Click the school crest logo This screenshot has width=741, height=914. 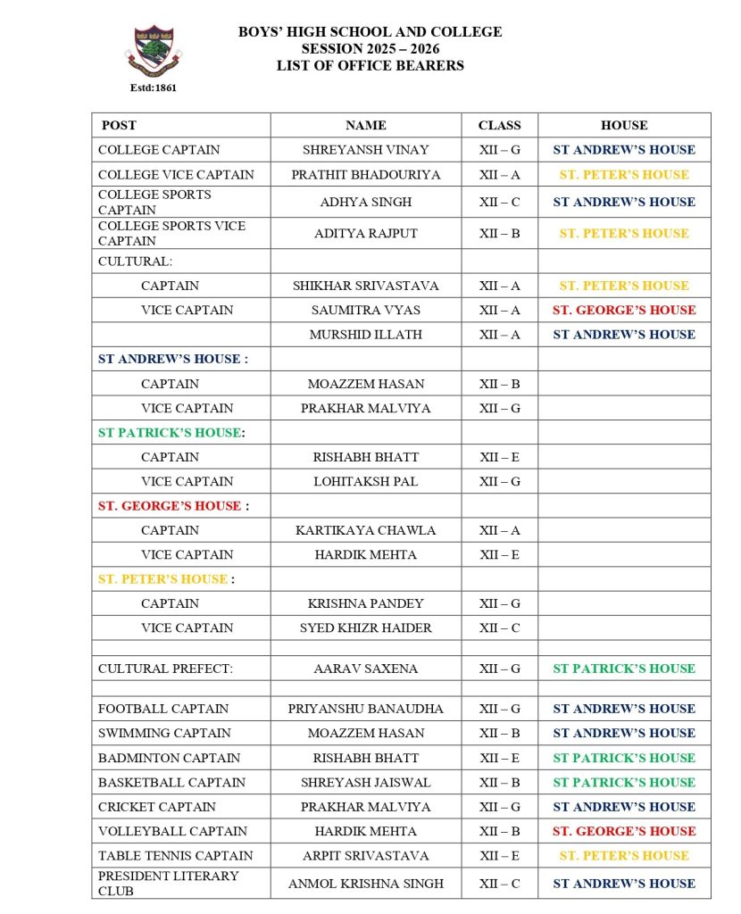click(x=153, y=51)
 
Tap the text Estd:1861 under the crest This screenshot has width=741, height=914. click(x=153, y=87)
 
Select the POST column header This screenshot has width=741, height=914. click(x=119, y=125)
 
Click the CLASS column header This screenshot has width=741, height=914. click(x=499, y=125)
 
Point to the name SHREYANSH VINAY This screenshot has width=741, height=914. click(x=365, y=150)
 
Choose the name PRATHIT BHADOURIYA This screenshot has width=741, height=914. click(x=365, y=175)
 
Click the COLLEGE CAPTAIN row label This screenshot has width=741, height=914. click(x=159, y=150)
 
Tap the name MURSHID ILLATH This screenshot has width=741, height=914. click(x=365, y=335)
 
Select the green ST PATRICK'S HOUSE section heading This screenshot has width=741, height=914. click(x=170, y=433)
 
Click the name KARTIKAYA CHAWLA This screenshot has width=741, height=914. click(x=365, y=530)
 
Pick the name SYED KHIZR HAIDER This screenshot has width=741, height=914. click(x=365, y=627)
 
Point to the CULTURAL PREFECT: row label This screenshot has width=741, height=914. click(x=165, y=669)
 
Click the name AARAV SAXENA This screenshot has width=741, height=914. click(x=365, y=669)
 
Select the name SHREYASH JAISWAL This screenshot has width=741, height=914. click(x=365, y=782)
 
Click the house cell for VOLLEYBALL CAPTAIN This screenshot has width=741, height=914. click(x=623, y=831)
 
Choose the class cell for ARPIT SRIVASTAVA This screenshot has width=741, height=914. click(x=499, y=855)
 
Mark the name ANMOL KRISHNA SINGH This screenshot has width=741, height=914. click(x=365, y=884)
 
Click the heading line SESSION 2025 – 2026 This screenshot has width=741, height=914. click(x=370, y=48)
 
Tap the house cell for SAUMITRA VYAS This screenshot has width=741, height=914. click(x=623, y=310)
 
